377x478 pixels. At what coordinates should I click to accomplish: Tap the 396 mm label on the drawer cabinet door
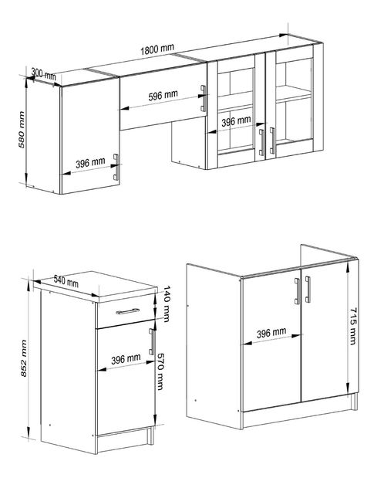[x=125, y=359]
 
